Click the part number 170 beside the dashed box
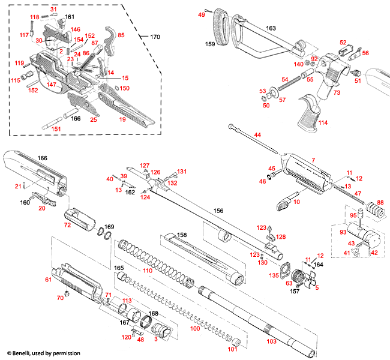point(155,37)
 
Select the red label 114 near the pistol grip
point(323,123)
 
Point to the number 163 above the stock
point(271,28)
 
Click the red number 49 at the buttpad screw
point(202,14)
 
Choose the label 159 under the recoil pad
point(210,44)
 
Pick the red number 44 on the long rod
point(257,135)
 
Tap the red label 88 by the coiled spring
point(380,202)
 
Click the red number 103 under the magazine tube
point(272,340)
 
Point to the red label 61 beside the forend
point(49,280)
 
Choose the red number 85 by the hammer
point(121,35)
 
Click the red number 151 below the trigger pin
point(56,128)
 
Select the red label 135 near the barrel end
point(274,275)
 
